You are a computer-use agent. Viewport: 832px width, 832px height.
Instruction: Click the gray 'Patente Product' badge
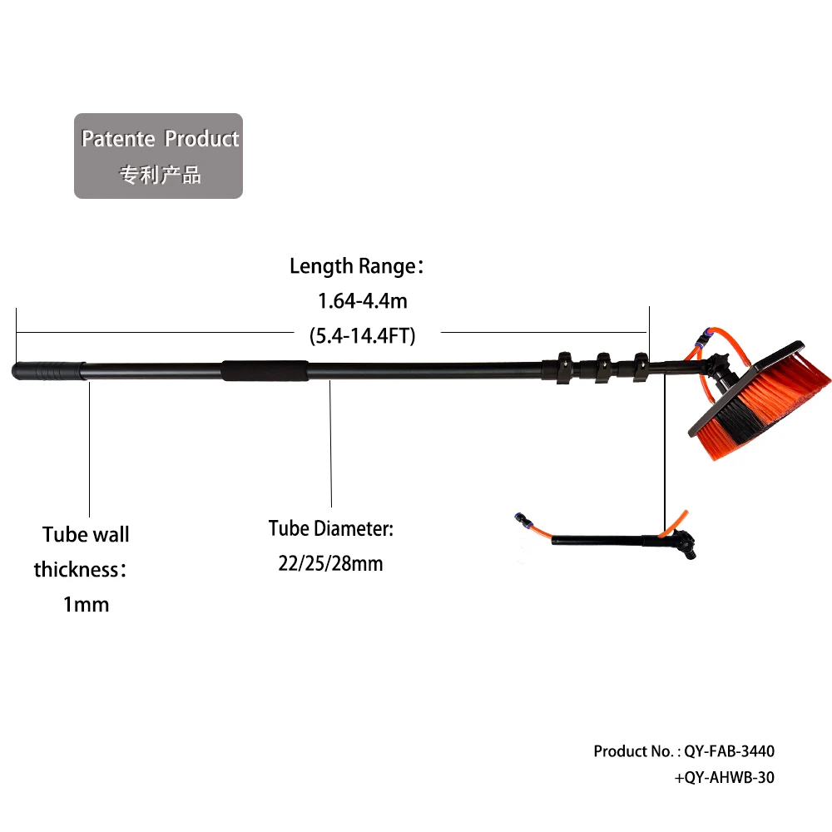pyautogui.click(x=158, y=156)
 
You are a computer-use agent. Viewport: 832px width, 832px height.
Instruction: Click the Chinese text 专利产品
pyautogui.click(x=161, y=176)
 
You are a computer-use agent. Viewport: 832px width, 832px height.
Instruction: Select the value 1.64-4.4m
pyautogui.click(x=363, y=300)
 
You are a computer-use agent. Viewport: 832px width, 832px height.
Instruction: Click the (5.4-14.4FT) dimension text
pyautogui.click(x=362, y=336)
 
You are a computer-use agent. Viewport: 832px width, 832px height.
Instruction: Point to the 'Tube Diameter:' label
pyautogui.click(x=330, y=528)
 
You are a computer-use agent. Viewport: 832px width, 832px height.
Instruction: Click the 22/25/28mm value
pyautogui.click(x=330, y=563)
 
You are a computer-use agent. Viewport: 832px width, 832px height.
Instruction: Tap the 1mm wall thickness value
pyautogui.click(x=86, y=604)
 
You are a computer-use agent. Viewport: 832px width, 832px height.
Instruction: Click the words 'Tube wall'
pyautogui.click(x=86, y=534)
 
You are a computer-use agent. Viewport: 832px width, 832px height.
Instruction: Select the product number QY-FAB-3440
pyautogui.click(x=729, y=751)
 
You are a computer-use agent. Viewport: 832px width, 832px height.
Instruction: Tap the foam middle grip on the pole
pyautogui.click(x=264, y=370)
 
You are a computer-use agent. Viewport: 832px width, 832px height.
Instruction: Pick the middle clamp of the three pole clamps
pyautogui.click(x=602, y=367)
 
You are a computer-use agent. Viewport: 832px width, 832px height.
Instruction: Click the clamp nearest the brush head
pyautogui.click(x=640, y=365)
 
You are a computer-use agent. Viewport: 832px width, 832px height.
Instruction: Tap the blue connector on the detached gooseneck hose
pyautogui.click(x=522, y=519)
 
